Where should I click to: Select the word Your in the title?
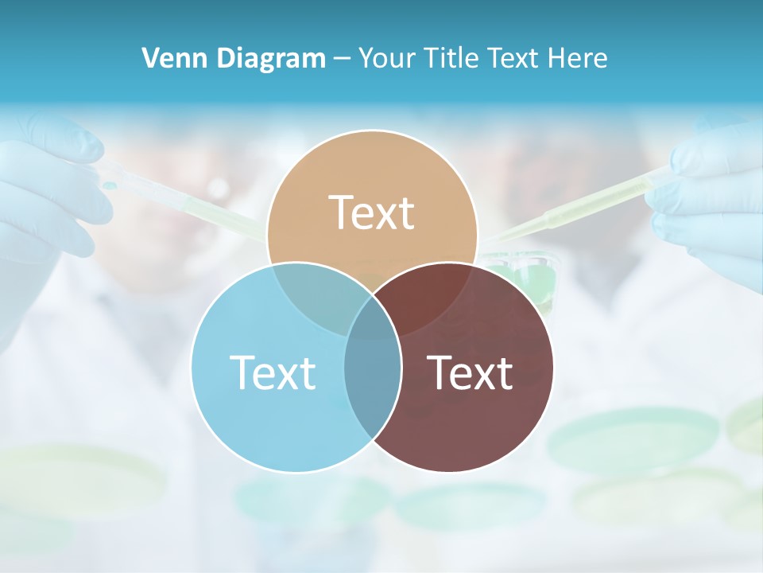387,58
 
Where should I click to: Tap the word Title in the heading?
454,58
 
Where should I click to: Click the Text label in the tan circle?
372,212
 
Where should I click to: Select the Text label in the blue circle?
273,372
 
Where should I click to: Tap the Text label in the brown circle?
470,372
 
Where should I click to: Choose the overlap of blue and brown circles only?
372,382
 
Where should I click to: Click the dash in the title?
343,58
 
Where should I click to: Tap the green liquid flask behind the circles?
525,275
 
